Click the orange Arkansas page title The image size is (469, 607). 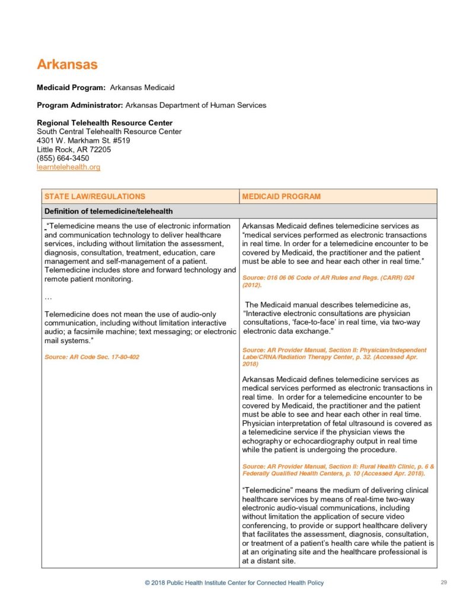coord(67,65)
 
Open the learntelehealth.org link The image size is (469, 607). coord(68,167)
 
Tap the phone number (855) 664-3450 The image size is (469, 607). coord(63,158)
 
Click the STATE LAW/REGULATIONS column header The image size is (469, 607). coord(95,196)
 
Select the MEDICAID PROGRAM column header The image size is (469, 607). coord(281,196)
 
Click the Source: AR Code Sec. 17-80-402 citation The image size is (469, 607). coord(91,357)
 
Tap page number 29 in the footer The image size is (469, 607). coord(444,583)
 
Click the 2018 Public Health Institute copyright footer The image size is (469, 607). coord(234,583)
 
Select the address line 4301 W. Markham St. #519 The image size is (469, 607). coord(83,140)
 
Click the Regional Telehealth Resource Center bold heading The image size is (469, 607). coord(104,123)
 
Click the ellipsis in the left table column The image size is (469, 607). coord(49,296)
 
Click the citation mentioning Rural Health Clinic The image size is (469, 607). coord(338,470)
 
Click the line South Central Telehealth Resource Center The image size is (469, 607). coord(109,132)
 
